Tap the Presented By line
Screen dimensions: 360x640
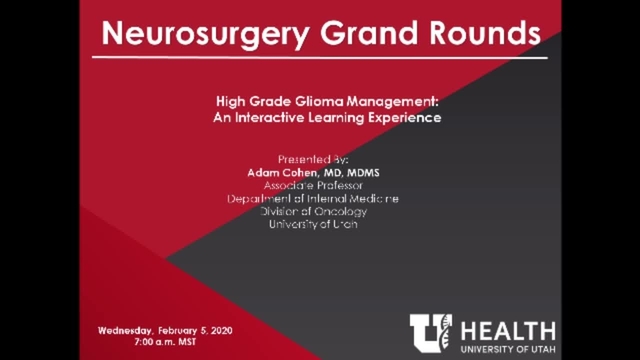313,159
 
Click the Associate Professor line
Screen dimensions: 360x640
313,185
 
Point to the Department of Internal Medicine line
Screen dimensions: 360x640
313,198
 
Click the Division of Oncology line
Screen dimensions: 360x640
313,211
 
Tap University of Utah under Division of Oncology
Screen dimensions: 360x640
313,224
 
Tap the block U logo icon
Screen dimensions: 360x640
431,334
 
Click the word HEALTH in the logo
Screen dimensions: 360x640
508,329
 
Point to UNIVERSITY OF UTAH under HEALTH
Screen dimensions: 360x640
509,349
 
